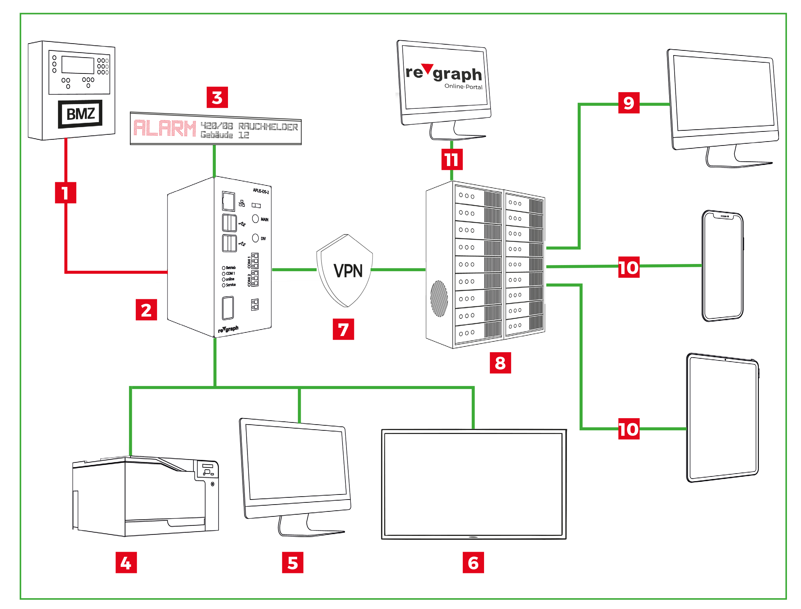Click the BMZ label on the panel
80,114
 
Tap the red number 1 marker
65,192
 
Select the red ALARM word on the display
165,128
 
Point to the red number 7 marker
343,329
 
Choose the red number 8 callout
500,363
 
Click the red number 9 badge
628,103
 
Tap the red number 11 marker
452,159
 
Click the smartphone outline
722,266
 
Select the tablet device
722,418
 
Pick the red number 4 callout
126,563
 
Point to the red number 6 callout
473,563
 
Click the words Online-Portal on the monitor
463,87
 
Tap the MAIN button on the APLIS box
255,219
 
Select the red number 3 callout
217,97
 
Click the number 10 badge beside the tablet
628,429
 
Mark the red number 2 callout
146,310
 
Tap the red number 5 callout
292,563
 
